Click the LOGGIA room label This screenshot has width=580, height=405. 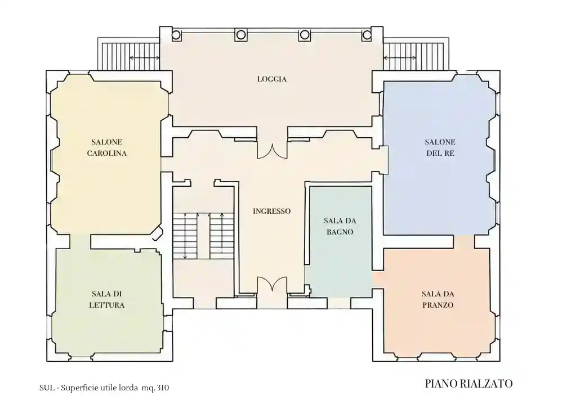(272, 79)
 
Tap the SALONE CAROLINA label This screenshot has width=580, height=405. (107, 147)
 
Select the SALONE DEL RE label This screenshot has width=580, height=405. (440, 147)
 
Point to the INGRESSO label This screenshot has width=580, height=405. (272, 211)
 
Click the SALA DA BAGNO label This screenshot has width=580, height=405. (340, 226)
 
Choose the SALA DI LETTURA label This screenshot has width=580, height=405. (107, 299)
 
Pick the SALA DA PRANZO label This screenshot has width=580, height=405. (438, 299)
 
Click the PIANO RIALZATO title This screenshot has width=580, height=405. (469, 384)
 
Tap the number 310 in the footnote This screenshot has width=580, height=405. (163, 388)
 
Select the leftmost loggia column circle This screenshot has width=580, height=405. (176, 35)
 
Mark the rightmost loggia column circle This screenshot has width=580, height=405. (367, 35)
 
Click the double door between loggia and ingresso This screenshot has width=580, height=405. (272, 151)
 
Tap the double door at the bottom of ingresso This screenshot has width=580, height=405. (272, 284)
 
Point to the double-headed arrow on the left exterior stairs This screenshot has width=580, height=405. (145, 57)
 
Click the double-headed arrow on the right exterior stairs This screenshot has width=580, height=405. (399, 57)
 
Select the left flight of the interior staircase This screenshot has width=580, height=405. (185, 236)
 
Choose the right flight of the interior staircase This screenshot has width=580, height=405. (222, 236)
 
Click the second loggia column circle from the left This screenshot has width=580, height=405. (240, 35)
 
